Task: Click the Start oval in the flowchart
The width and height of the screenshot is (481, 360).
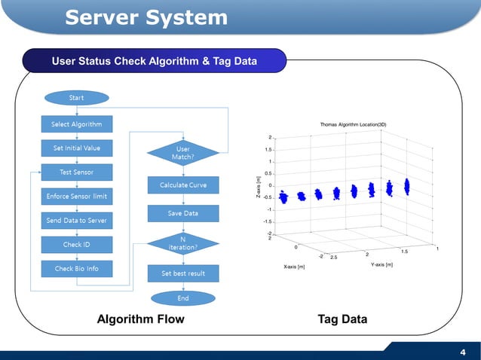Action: (x=76, y=98)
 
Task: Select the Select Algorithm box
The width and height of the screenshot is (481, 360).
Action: (x=76, y=124)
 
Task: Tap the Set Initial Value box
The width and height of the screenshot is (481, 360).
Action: (x=76, y=148)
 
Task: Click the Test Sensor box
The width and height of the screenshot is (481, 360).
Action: (x=76, y=172)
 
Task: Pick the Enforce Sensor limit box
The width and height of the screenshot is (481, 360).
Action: (x=76, y=197)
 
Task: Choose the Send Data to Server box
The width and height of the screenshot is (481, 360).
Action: (x=76, y=221)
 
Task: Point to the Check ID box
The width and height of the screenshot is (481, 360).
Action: (x=76, y=245)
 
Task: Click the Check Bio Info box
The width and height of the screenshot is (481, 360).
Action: (x=76, y=269)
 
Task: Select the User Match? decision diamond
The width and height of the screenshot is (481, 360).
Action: (x=183, y=153)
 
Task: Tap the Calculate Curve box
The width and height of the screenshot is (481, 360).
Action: (x=183, y=185)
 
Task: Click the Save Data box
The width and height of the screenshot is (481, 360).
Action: (x=183, y=213)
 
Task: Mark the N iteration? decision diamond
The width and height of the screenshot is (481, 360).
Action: (x=183, y=243)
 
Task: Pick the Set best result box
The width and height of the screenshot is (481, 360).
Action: (x=183, y=273)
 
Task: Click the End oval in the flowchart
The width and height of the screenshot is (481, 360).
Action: (x=183, y=298)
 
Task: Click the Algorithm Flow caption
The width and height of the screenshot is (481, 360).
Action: (x=141, y=319)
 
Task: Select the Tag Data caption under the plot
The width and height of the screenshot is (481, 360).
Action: (x=343, y=319)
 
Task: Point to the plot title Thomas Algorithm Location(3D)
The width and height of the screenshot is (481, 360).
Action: (x=353, y=125)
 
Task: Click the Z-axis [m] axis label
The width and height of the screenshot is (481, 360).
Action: (x=259, y=188)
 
